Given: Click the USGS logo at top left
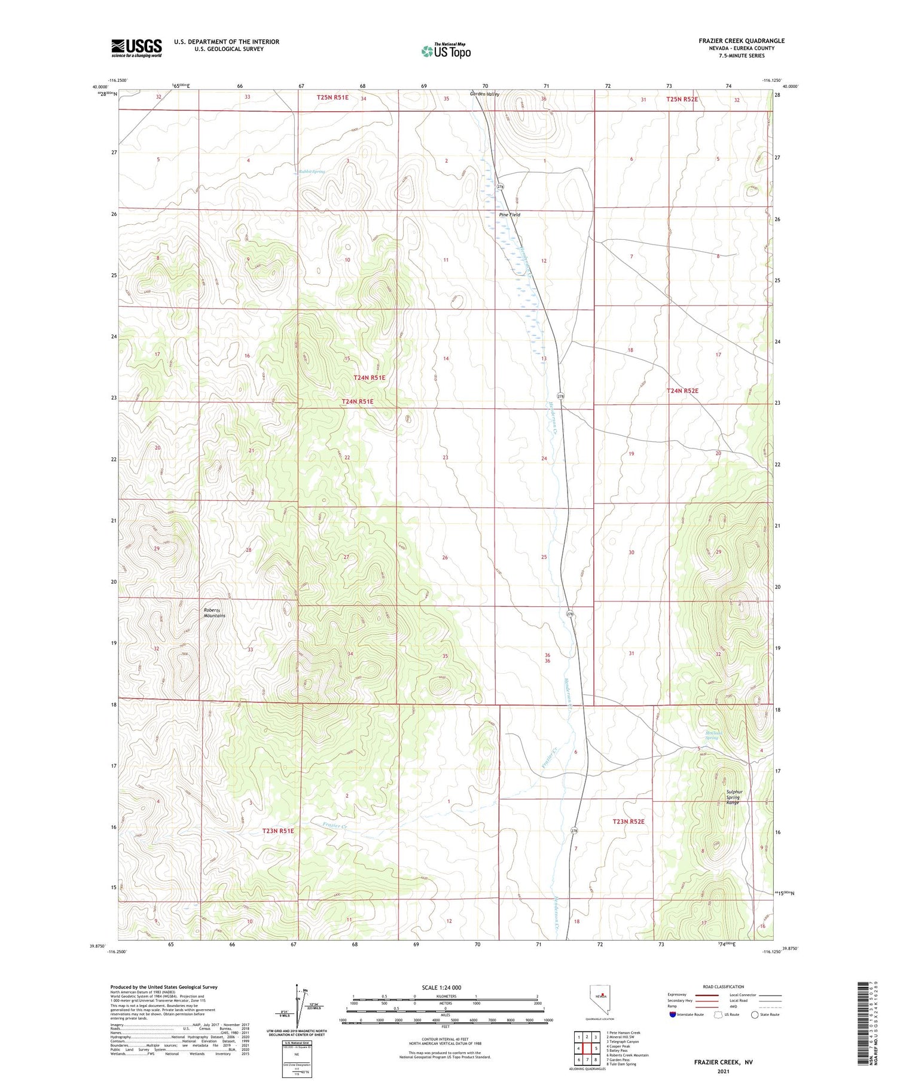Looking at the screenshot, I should point(136,48).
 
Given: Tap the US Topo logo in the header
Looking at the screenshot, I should point(446,51).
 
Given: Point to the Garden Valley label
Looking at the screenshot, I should point(484,94).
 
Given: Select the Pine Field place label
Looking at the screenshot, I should point(509,215).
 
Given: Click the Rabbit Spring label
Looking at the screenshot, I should point(312,172).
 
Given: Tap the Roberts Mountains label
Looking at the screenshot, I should point(214,613).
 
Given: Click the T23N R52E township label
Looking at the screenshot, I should point(628,822).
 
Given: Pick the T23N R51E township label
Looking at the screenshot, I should point(278,831).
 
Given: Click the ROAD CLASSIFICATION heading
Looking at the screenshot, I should point(724,987).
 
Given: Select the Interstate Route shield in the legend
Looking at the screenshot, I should point(673,1015).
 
